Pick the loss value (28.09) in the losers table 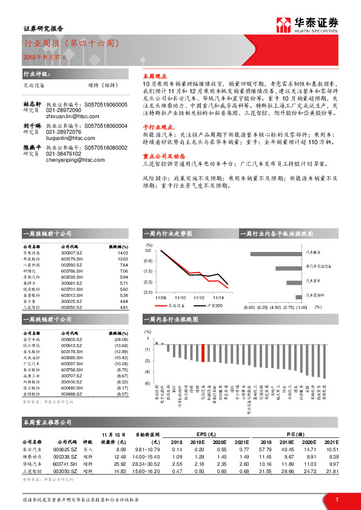121,340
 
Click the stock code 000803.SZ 72,340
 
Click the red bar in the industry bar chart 203,353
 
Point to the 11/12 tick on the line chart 199,297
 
